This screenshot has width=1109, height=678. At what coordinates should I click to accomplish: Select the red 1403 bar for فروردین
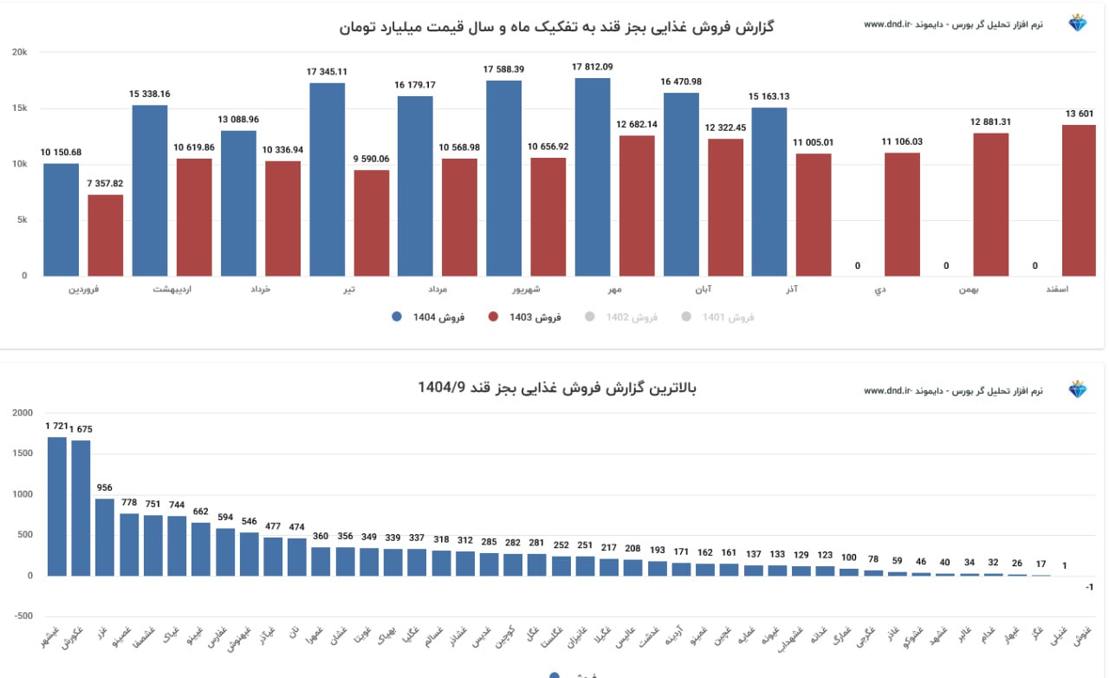[106, 235]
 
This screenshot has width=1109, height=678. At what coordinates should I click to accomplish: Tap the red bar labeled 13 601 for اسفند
[1080, 200]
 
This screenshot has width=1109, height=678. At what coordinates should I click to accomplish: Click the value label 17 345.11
[327, 72]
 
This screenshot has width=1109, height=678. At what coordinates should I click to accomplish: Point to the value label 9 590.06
[372, 159]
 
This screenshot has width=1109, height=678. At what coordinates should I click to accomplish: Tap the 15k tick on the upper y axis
[20, 108]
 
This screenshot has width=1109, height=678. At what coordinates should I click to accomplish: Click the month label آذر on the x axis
[790, 290]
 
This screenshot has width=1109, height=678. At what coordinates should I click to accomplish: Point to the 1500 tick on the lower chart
[23, 453]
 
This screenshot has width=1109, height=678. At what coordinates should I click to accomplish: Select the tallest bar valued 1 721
[57, 506]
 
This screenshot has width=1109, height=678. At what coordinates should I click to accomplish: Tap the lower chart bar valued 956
[105, 537]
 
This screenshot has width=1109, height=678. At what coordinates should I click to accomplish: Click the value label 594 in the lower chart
[225, 518]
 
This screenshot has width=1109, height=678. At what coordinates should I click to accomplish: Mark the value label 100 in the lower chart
[849, 557]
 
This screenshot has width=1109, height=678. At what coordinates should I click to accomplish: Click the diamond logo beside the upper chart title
[1078, 23]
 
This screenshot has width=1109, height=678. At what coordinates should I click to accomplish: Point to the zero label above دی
[858, 266]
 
